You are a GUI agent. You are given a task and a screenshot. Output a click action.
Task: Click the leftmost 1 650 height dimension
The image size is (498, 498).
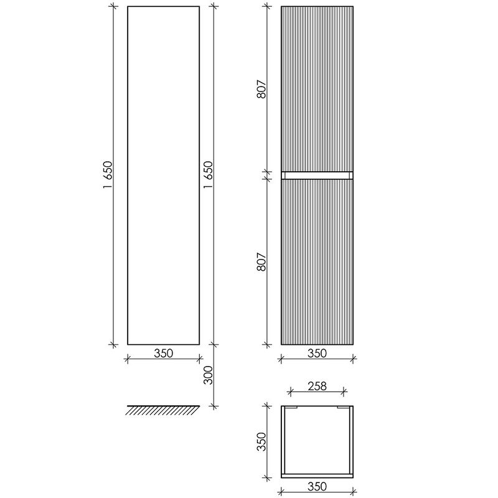pyautogui.click(x=108, y=175)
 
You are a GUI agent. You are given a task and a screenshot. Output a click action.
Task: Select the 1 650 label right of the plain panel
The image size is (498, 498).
pyautogui.click(x=208, y=175)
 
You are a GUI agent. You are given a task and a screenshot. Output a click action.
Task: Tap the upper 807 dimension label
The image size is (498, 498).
pyautogui.click(x=261, y=89)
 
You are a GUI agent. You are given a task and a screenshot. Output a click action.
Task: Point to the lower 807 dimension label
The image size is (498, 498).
pyautogui.click(x=261, y=261)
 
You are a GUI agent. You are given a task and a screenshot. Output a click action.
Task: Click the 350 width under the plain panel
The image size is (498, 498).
pyautogui.click(x=164, y=353)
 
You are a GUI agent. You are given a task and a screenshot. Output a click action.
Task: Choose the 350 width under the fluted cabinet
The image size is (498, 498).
pyautogui.click(x=317, y=353)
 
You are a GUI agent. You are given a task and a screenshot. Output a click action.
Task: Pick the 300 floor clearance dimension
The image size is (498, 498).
pyautogui.click(x=208, y=375)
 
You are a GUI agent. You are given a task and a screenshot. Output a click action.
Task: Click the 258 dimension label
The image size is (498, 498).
pyautogui.click(x=317, y=386)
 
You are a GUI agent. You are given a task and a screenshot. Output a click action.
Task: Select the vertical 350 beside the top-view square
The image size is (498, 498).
pyautogui.click(x=261, y=441)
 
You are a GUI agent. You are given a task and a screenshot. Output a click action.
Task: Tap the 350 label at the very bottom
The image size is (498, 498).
pyautogui.click(x=317, y=486)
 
